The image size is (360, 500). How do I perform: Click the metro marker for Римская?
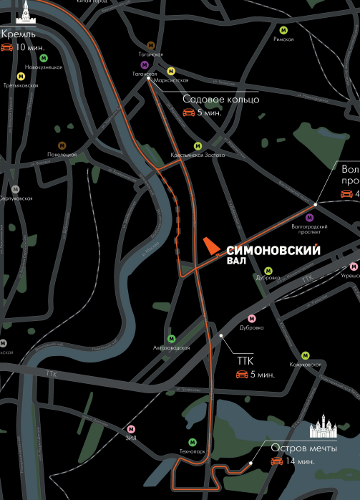(x=283, y=30)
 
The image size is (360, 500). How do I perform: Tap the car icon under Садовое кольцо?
(x=189, y=113)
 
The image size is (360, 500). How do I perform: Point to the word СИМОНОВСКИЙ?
(x=273, y=251)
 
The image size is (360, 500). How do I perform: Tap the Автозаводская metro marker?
(x=171, y=338)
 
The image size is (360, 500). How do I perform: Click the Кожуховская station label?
(x=306, y=365)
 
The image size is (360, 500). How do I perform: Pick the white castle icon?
(x=324, y=427)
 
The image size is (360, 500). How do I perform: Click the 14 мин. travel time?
(x=300, y=461)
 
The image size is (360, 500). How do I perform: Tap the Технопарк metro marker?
(x=192, y=442)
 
